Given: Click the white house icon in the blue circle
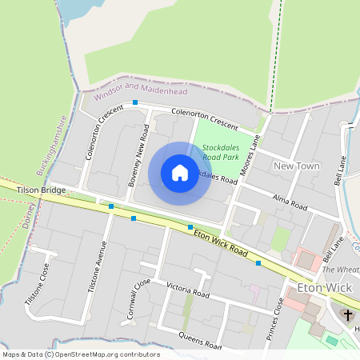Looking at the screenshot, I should [180, 173].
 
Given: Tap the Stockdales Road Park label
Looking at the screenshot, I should [221, 152].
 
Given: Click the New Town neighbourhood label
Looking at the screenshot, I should [296, 166].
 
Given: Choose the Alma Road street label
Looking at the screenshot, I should [290, 202].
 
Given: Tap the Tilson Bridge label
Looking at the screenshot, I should [41, 190].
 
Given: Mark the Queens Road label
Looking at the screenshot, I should [200, 340].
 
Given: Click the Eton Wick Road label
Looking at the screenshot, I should [222, 242].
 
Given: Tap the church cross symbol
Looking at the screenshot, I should [348, 314].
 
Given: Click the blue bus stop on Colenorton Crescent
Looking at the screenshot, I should [135, 103].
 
